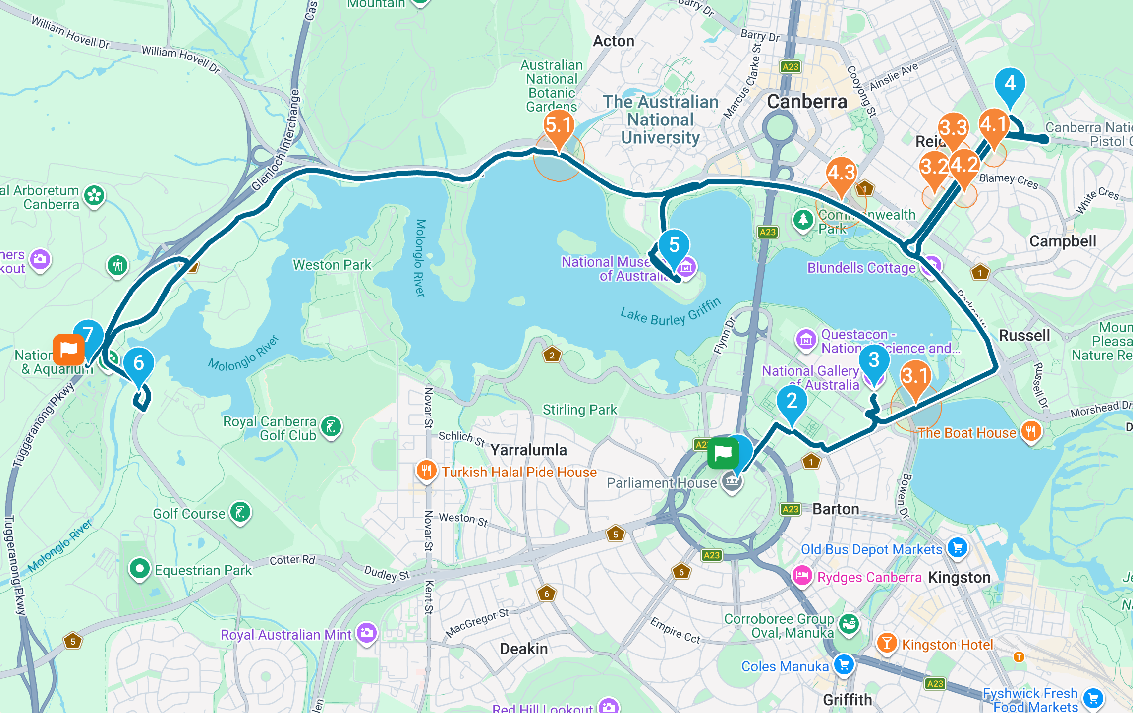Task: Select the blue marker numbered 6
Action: [138, 363]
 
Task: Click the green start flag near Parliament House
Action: [723, 453]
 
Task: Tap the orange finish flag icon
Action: [68, 350]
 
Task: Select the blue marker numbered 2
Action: [792, 401]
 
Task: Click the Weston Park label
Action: [332, 265]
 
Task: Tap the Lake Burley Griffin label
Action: [670, 312]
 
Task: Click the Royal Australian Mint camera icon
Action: [367, 633]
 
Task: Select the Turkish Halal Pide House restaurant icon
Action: [426, 471]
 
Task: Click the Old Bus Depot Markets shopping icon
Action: [957, 548]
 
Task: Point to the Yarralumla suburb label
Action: [528, 450]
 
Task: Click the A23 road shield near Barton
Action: [790, 509]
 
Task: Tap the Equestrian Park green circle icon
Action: [139, 569]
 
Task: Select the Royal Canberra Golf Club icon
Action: [331, 426]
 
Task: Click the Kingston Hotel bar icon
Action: [887, 643]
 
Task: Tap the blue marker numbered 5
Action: [674, 245]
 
